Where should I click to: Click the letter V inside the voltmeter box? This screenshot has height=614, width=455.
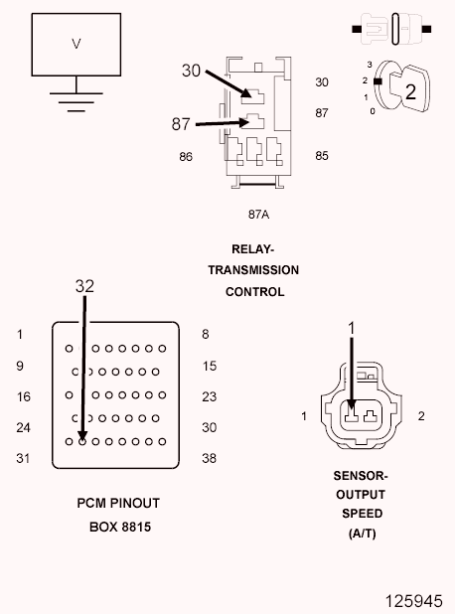click(x=76, y=43)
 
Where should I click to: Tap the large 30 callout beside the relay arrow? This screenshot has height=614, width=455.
click(x=191, y=71)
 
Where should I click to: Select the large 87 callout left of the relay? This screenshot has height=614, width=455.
click(x=181, y=124)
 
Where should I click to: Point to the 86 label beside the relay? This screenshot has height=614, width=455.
click(x=186, y=157)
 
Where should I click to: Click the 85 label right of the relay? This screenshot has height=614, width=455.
click(x=322, y=155)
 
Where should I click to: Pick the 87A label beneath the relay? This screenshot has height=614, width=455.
click(x=258, y=215)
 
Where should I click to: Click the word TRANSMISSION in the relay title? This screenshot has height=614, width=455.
click(x=253, y=270)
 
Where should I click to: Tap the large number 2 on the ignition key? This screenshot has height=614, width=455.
click(x=410, y=91)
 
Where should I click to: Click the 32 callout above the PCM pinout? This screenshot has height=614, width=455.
click(x=84, y=286)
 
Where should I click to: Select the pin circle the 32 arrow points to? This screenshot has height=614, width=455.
click(x=82, y=442)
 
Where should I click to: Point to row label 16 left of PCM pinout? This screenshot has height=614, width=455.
click(x=24, y=396)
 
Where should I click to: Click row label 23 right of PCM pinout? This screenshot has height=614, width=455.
click(x=209, y=396)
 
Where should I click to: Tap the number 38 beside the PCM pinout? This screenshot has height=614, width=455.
click(x=209, y=458)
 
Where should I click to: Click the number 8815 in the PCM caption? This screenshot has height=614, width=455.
click(x=135, y=528)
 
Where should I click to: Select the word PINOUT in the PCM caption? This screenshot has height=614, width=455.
click(x=136, y=503)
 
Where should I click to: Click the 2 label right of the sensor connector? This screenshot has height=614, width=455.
click(x=421, y=416)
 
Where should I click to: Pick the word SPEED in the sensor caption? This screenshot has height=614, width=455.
click(x=363, y=514)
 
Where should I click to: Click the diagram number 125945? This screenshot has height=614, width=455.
click(x=414, y=601)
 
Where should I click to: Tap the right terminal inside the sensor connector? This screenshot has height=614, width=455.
click(x=371, y=416)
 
